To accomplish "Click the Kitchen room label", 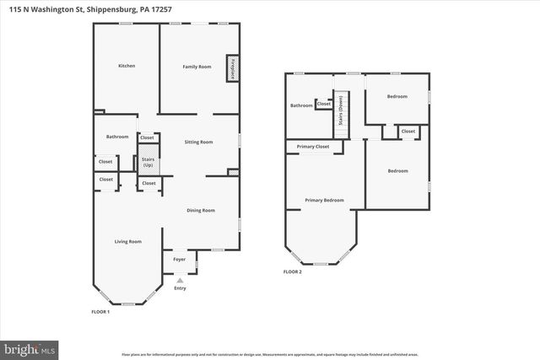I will pos(127,66).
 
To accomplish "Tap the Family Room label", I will pos(197,66).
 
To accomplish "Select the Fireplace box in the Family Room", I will pos(230,69).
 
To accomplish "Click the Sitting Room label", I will pos(198,142).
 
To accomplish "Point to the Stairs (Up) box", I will pos(148,161).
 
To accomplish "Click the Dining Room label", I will pos(201,210).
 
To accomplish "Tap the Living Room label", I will pos(128,242).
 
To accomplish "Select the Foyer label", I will pos(179,260).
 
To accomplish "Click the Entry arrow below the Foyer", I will pos(179,279).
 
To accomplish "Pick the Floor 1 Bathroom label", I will pos(117,137).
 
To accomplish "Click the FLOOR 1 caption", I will pos(100,312).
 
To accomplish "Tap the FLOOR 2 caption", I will pos(292,271).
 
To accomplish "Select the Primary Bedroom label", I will pos(324,200).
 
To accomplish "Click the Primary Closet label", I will pos(312,147).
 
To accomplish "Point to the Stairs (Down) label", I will pos(341,110).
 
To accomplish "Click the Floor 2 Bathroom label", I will pos(301,106).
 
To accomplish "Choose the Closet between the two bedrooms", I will pos(408,132).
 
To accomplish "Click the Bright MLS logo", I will pos(30,347).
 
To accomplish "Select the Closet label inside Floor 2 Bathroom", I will pos(324,104).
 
